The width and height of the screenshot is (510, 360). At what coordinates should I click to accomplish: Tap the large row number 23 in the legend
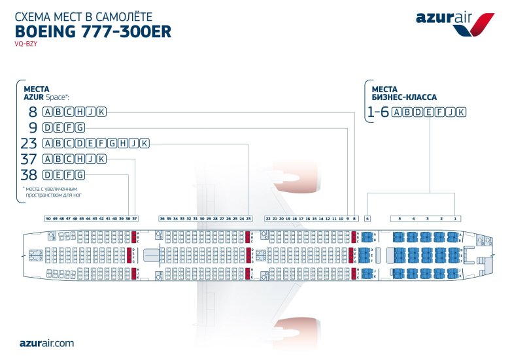click(x=29, y=143)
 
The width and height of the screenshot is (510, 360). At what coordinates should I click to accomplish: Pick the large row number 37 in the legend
click(x=29, y=159)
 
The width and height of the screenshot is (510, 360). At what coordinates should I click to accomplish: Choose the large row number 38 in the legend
click(x=29, y=174)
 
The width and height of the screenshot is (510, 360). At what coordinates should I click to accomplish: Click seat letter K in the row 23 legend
click(x=144, y=143)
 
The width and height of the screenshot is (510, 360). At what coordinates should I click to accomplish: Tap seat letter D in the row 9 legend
click(x=47, y=127)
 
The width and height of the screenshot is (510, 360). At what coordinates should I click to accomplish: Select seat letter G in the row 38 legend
click(x=80, y=174)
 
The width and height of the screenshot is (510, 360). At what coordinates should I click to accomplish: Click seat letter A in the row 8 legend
click(x=47, y=112)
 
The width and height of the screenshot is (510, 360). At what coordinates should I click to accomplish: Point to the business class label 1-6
click(x=379, y=112)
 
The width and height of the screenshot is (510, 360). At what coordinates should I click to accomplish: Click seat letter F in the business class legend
click(x=439, y=112)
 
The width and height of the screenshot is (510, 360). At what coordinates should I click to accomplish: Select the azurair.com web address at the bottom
click(x=46, y=342)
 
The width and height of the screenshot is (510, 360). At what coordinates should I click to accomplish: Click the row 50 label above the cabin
click(x=48, y=218)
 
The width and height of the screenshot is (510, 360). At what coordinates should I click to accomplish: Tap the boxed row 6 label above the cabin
click(x=367, y=218)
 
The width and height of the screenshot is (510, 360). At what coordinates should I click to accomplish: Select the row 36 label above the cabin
click(x=162, y=218)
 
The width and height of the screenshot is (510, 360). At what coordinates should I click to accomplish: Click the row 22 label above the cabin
click(x=268, y=218)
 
